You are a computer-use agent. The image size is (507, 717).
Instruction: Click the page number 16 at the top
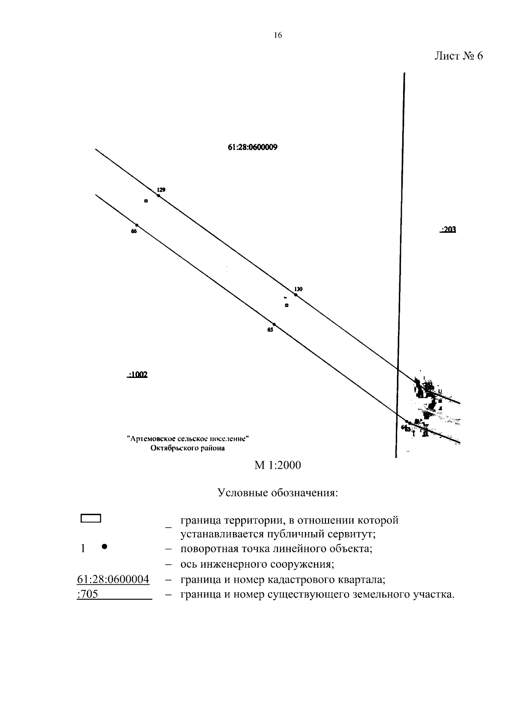point(278,35)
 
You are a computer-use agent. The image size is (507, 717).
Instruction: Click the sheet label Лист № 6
point(458,56)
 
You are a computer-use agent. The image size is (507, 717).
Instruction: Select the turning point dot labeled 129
point(158,196)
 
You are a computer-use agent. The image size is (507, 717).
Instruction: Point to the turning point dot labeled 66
point(136,225)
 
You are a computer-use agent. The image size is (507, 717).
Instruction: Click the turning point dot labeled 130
point(296,295)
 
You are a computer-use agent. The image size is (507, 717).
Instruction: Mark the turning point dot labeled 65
point(274,324)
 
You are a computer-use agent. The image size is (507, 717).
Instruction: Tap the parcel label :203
point(448,230)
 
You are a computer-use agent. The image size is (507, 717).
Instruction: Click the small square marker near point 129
point(146,201)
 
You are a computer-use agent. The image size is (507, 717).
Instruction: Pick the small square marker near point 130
point(286,305)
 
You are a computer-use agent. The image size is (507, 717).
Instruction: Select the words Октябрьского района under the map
point(188,448)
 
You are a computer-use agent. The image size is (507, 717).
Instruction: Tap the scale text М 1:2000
point(278,465)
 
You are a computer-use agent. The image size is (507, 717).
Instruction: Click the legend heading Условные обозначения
point(278,493)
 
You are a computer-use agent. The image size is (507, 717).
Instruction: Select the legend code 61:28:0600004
point(113,579)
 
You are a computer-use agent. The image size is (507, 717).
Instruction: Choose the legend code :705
point(88,595)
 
